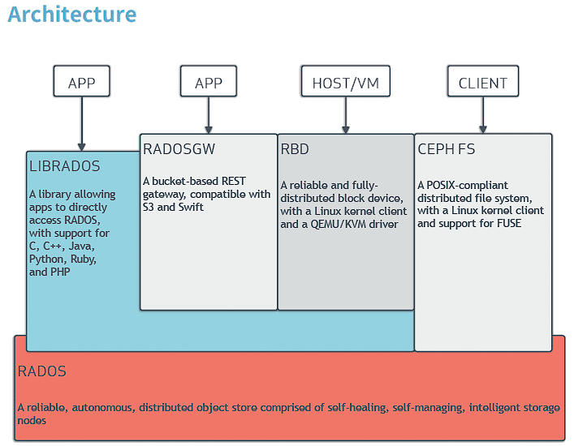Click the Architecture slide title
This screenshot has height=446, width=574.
coord(72,15)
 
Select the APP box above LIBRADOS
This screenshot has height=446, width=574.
coord(81,82)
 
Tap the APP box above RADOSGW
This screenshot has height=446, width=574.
coord(209,82)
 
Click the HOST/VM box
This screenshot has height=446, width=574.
coord(345,82)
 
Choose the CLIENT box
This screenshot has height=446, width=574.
coord(483,82)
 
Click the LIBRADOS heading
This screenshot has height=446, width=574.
coord(65,166)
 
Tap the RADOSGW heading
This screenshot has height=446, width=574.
coord(179,149)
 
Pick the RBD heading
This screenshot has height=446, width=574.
coord(295,149)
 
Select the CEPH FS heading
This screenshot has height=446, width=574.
coord(447,149)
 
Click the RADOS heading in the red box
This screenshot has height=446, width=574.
coord(42,371)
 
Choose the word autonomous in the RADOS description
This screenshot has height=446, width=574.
coord(101,407)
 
